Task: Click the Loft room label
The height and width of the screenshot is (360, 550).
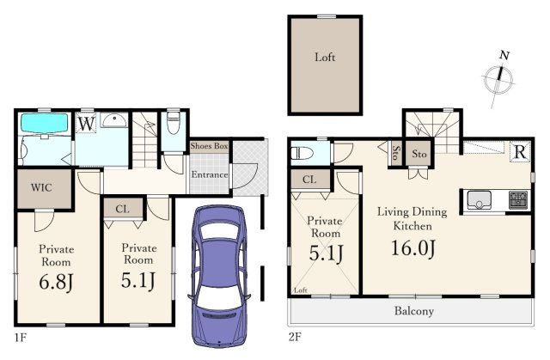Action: [325, 57]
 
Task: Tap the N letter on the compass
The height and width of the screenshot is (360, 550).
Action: [504, 56]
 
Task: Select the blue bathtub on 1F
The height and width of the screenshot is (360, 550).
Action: [44, 122]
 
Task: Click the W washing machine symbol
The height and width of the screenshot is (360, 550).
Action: [86, 124]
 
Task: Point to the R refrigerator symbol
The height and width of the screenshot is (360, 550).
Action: [520, 152]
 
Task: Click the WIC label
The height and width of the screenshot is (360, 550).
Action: [41, 187]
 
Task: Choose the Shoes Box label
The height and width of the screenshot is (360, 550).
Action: [209, 146]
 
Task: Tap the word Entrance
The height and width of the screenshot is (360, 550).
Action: [210, 174]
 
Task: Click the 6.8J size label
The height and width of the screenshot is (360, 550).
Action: [56, 282]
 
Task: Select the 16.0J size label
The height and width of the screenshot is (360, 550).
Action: [413, 248]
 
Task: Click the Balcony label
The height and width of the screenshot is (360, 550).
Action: [414, 311]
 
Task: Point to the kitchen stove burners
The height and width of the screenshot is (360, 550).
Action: [517, 200]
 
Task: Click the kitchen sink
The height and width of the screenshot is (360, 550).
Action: [479, 200]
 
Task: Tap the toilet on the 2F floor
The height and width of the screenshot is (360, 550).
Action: [302, 153]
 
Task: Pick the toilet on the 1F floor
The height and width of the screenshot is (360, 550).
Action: [174, 123]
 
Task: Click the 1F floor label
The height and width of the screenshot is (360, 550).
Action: [21, 338]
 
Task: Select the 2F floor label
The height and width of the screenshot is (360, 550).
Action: [295, 337]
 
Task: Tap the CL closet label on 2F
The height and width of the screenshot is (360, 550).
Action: [309, 180]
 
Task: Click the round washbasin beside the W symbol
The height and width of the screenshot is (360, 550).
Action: [114, 120]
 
